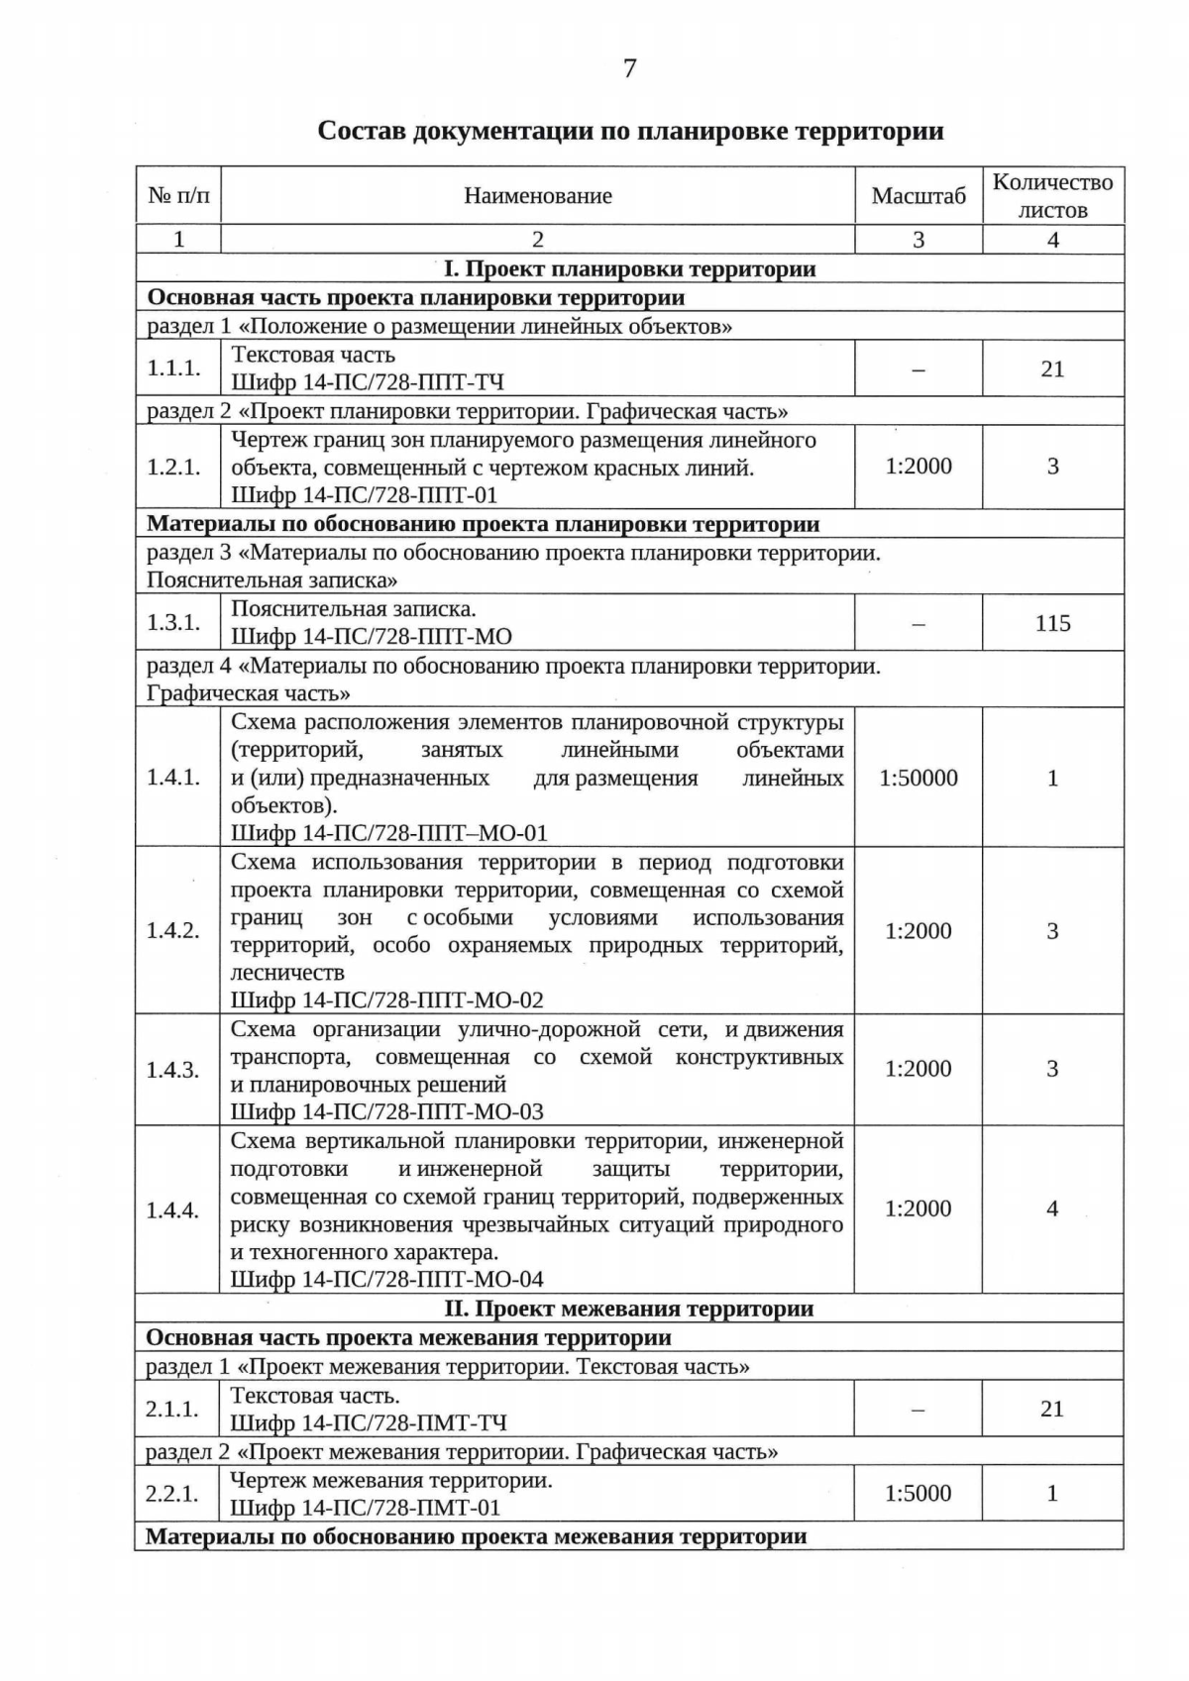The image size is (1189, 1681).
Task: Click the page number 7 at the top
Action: (x=629, y=68)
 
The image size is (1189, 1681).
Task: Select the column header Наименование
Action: (x=538, y=196)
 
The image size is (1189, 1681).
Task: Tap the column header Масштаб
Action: (x=919, y=196)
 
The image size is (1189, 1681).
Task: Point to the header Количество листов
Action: (x=1052, y=196)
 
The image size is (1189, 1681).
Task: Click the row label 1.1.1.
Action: (x=174, y=368)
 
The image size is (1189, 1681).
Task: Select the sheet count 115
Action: (x=1052, y=623)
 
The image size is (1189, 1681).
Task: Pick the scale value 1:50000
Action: (x=919, y=778)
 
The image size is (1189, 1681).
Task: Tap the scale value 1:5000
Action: (x=919, y=1493)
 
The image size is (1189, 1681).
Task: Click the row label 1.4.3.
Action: (x=173, y=1070)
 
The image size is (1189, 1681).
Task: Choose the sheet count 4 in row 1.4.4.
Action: (x=1052, y=1208)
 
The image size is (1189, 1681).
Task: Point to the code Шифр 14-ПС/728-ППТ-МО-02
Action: (x=387, y=1000)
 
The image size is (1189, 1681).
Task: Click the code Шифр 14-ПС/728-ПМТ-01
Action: (x=366, y=1508)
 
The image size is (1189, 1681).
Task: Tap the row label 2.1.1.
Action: (x=173, y=1409)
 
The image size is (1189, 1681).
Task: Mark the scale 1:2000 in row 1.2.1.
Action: (x=919, y=467)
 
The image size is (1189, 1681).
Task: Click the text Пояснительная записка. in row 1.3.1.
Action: (x=354, y=609)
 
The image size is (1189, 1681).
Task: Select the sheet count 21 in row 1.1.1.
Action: (x=1052, y=369)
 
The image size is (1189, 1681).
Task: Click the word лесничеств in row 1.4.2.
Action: (x=287, y=973)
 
